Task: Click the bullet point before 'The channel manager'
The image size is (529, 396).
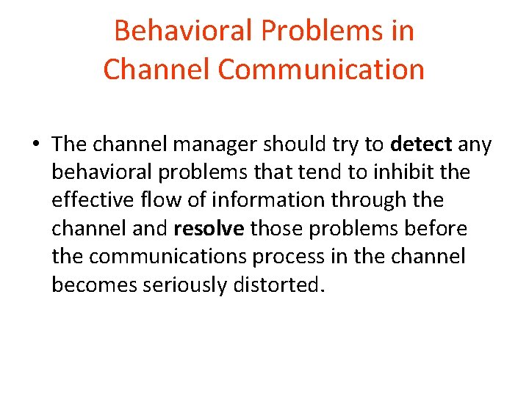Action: (x=36, y=145)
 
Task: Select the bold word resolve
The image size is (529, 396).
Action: (x=209, y=229)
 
